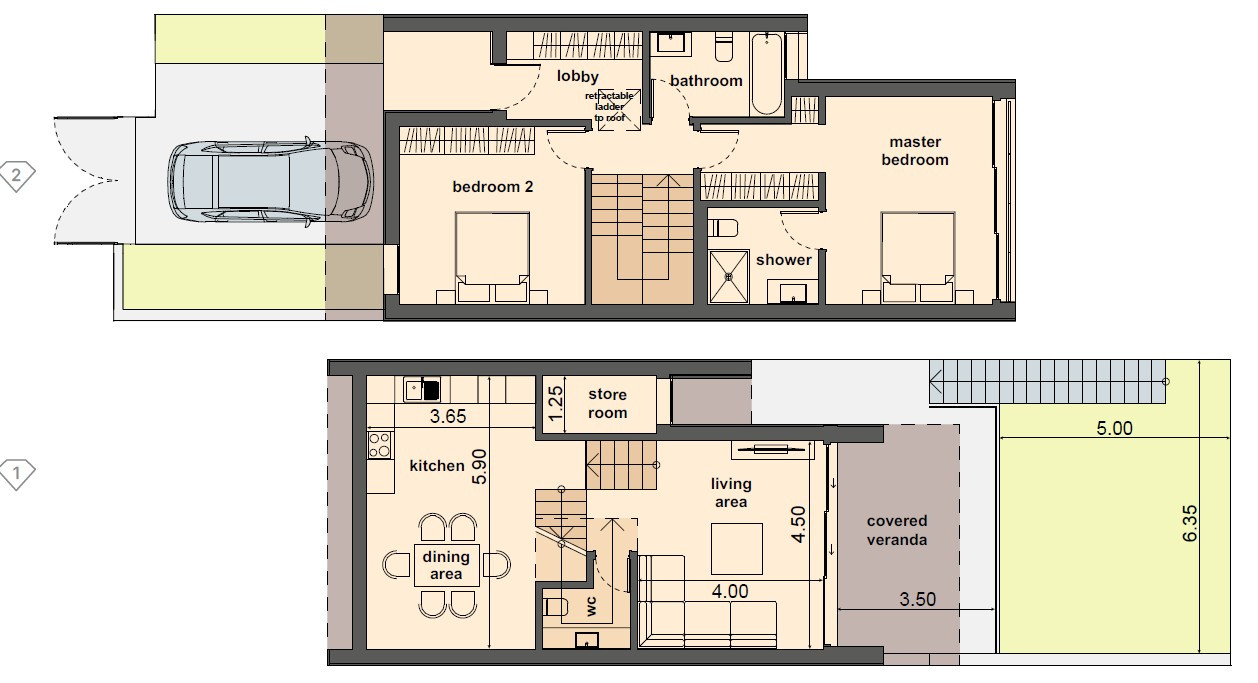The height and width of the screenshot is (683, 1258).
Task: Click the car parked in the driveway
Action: (x=270, y=180)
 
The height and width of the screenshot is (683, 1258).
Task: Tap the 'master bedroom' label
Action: (x=915, y=151)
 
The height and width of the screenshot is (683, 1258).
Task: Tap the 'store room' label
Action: (x=607, y=404)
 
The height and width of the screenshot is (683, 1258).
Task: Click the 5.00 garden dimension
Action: (x=1114, y=429)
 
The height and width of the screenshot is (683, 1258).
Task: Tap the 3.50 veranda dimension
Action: (x=918, y=600)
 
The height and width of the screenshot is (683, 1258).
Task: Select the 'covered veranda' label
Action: (x=897, y=530)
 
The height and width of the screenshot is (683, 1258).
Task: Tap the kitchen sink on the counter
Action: (x=423, y=388)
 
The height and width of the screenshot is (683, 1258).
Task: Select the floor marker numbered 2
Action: (x=17, y=177)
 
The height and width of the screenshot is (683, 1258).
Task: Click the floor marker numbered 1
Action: (x=17, y=473)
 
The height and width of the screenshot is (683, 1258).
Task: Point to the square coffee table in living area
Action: (x=737, y=547)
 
